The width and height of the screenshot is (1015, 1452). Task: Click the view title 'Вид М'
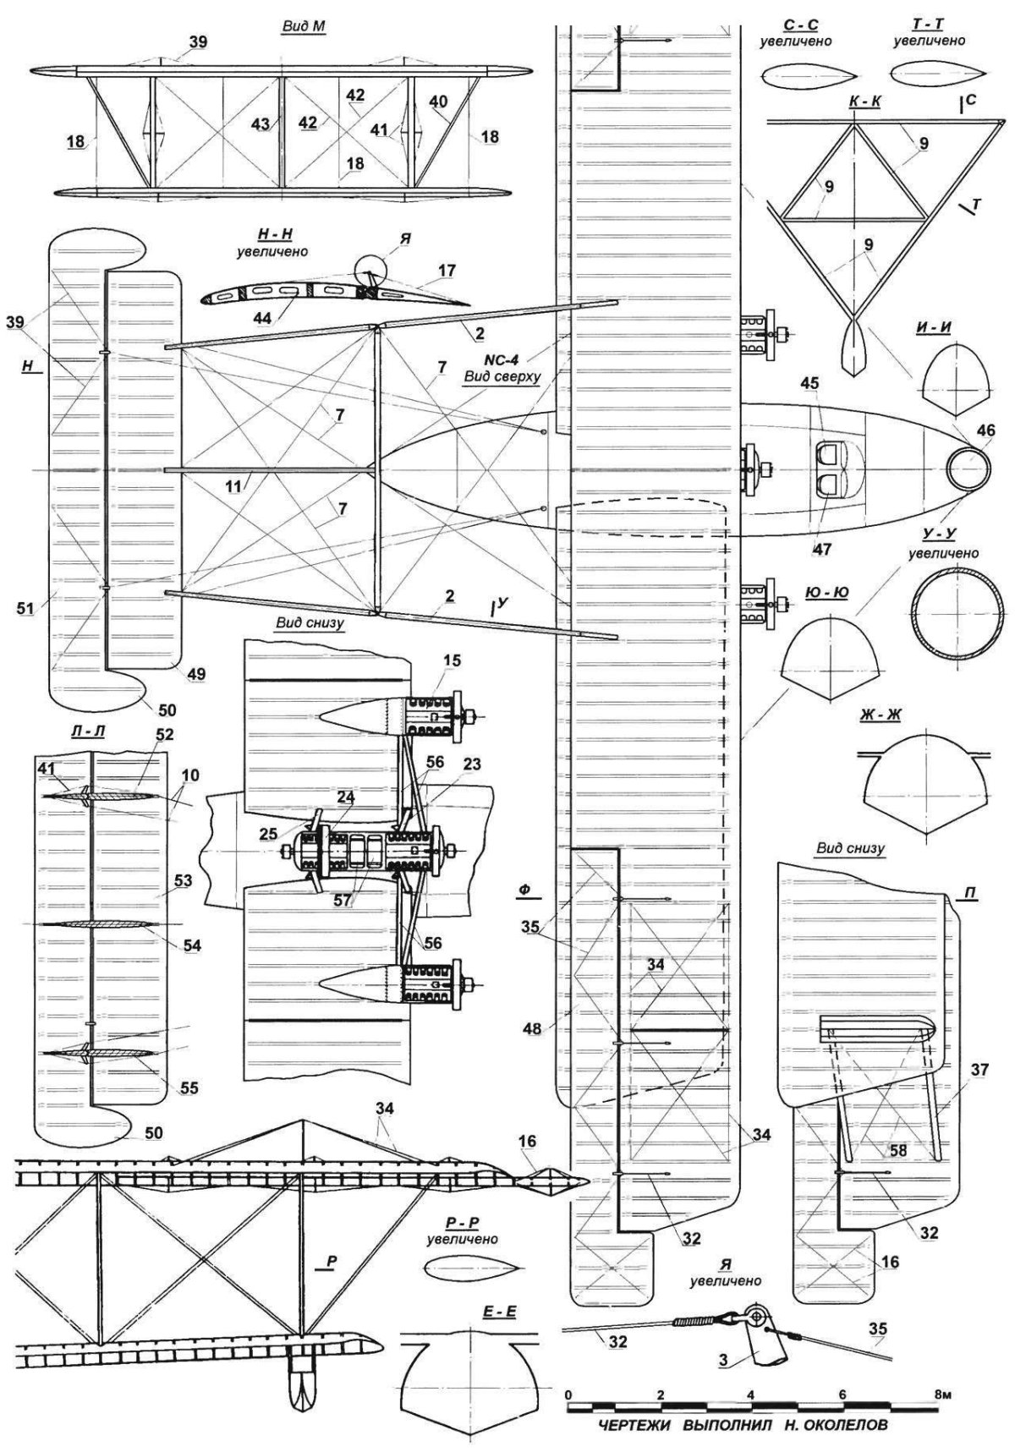coord(304,26)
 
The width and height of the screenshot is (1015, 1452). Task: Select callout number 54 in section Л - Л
coord(192,945)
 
